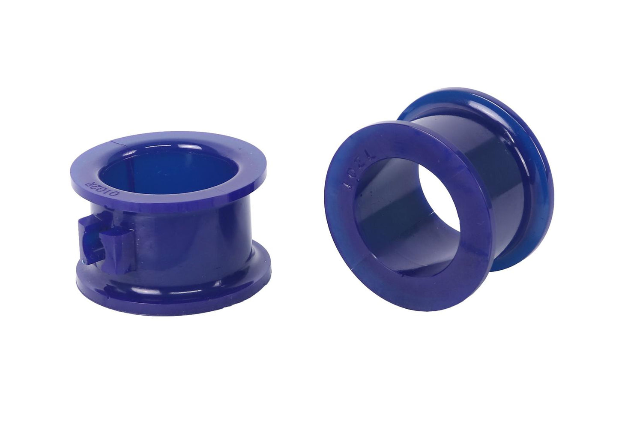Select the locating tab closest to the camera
pyautogui.click(x=114, y=243)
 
